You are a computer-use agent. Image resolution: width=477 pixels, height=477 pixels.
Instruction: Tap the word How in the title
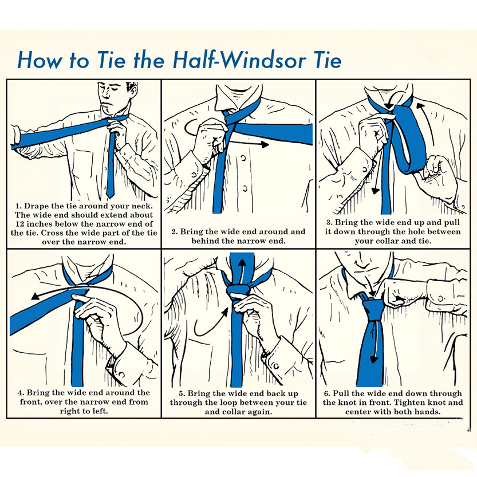pos(38,60)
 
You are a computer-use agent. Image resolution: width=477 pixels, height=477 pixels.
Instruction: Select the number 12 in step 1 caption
pos(20,224)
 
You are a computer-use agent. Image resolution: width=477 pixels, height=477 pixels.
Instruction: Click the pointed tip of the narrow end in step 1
pos(110,196)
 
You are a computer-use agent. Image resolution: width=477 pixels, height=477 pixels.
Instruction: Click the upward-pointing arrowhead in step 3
pos(420,106)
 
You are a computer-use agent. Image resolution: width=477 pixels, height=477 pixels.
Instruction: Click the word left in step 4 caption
pos(101,411)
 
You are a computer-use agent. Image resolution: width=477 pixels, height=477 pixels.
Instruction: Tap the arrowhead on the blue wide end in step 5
pos(242,264)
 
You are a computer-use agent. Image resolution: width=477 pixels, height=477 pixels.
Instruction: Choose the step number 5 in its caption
pos(182,393)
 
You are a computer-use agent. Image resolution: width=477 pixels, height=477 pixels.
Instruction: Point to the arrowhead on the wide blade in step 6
pos(374,360)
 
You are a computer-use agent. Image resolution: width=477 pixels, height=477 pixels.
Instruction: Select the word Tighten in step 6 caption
pos(410,403)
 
